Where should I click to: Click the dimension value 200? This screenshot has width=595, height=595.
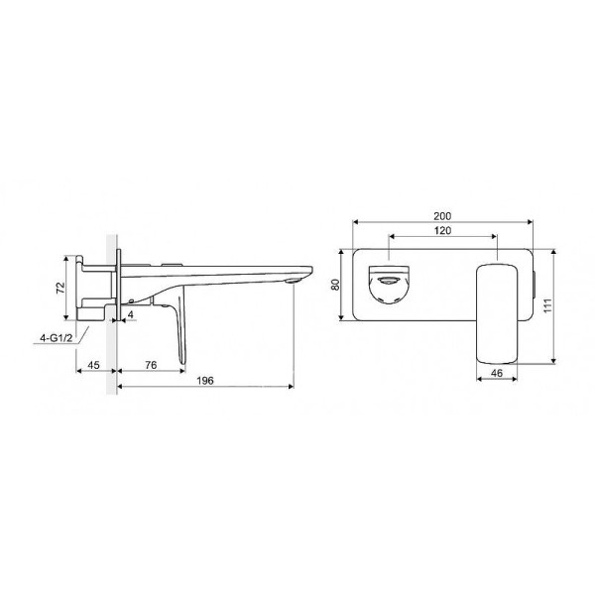(x=442, y=216)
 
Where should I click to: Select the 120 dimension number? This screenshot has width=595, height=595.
(x=442, y=230)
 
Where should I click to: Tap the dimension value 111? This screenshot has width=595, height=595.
(x=547, y=305)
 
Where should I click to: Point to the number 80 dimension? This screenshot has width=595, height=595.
(x=335, y=285)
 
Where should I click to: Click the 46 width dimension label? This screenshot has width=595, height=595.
(x=497, y=373)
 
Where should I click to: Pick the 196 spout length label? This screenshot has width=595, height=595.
(x=205, y=380)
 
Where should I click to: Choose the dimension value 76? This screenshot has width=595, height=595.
(x=151, y=365)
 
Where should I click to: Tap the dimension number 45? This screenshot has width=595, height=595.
(x=93, y=365)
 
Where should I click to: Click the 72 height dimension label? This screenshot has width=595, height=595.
(x=60, y=288)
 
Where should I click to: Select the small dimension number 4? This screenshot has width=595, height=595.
(x=131, y=314)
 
